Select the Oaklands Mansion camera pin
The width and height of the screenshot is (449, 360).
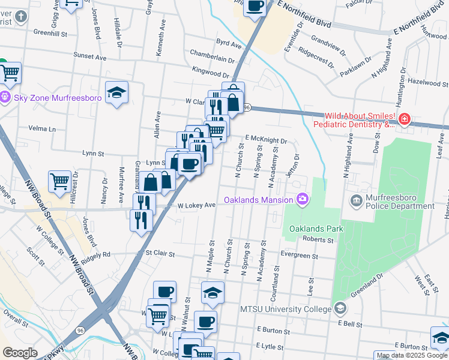click(302, 199)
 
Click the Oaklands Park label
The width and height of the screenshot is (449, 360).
click(316, 229)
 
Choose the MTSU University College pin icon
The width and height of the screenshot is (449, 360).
click(340, 308)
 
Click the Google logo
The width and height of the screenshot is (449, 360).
click(20, 353)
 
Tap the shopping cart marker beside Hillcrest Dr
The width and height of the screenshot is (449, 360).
click(60, 181)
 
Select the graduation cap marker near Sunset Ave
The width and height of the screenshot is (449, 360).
click(116, 92)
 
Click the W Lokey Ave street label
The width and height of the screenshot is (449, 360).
click(197, 205)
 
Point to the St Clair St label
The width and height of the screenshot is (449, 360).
click(160, 254)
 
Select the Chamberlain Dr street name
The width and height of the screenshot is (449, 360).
click(212, 59)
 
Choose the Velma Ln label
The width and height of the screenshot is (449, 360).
click(41, 129)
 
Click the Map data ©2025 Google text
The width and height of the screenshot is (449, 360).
click(412, 355)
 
